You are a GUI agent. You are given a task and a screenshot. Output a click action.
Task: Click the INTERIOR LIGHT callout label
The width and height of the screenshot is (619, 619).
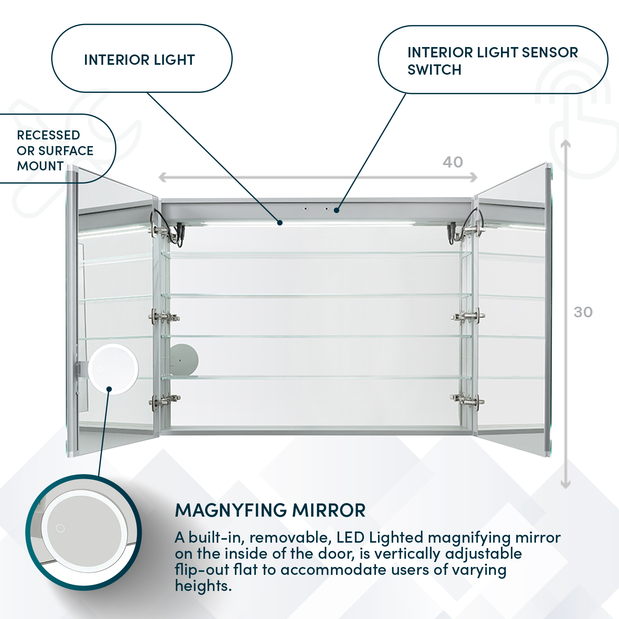139,60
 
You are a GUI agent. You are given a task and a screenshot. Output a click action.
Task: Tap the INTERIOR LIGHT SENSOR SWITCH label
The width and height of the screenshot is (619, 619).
492,61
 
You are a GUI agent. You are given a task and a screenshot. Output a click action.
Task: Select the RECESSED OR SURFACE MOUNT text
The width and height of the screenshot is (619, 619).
55,150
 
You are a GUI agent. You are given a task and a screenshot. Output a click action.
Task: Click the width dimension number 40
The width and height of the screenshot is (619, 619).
453,162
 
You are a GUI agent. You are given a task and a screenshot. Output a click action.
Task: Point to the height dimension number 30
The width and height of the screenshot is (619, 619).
583,312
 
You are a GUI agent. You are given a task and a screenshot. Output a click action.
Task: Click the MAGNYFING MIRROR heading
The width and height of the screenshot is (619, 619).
270,510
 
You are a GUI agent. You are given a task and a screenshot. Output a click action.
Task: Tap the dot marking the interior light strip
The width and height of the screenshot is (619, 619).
280,223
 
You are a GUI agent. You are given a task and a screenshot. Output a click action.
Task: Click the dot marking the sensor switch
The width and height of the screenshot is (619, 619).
337,210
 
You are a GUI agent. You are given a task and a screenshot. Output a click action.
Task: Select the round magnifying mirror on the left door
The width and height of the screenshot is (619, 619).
113,368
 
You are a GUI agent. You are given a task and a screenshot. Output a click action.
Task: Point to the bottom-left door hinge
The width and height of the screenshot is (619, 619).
164,400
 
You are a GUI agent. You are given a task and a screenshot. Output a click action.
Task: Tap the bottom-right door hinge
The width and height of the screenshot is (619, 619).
468,399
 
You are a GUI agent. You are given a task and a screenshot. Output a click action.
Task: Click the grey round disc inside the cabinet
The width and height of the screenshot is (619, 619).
184,360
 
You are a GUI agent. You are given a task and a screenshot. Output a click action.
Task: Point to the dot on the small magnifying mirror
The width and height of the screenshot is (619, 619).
109,389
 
